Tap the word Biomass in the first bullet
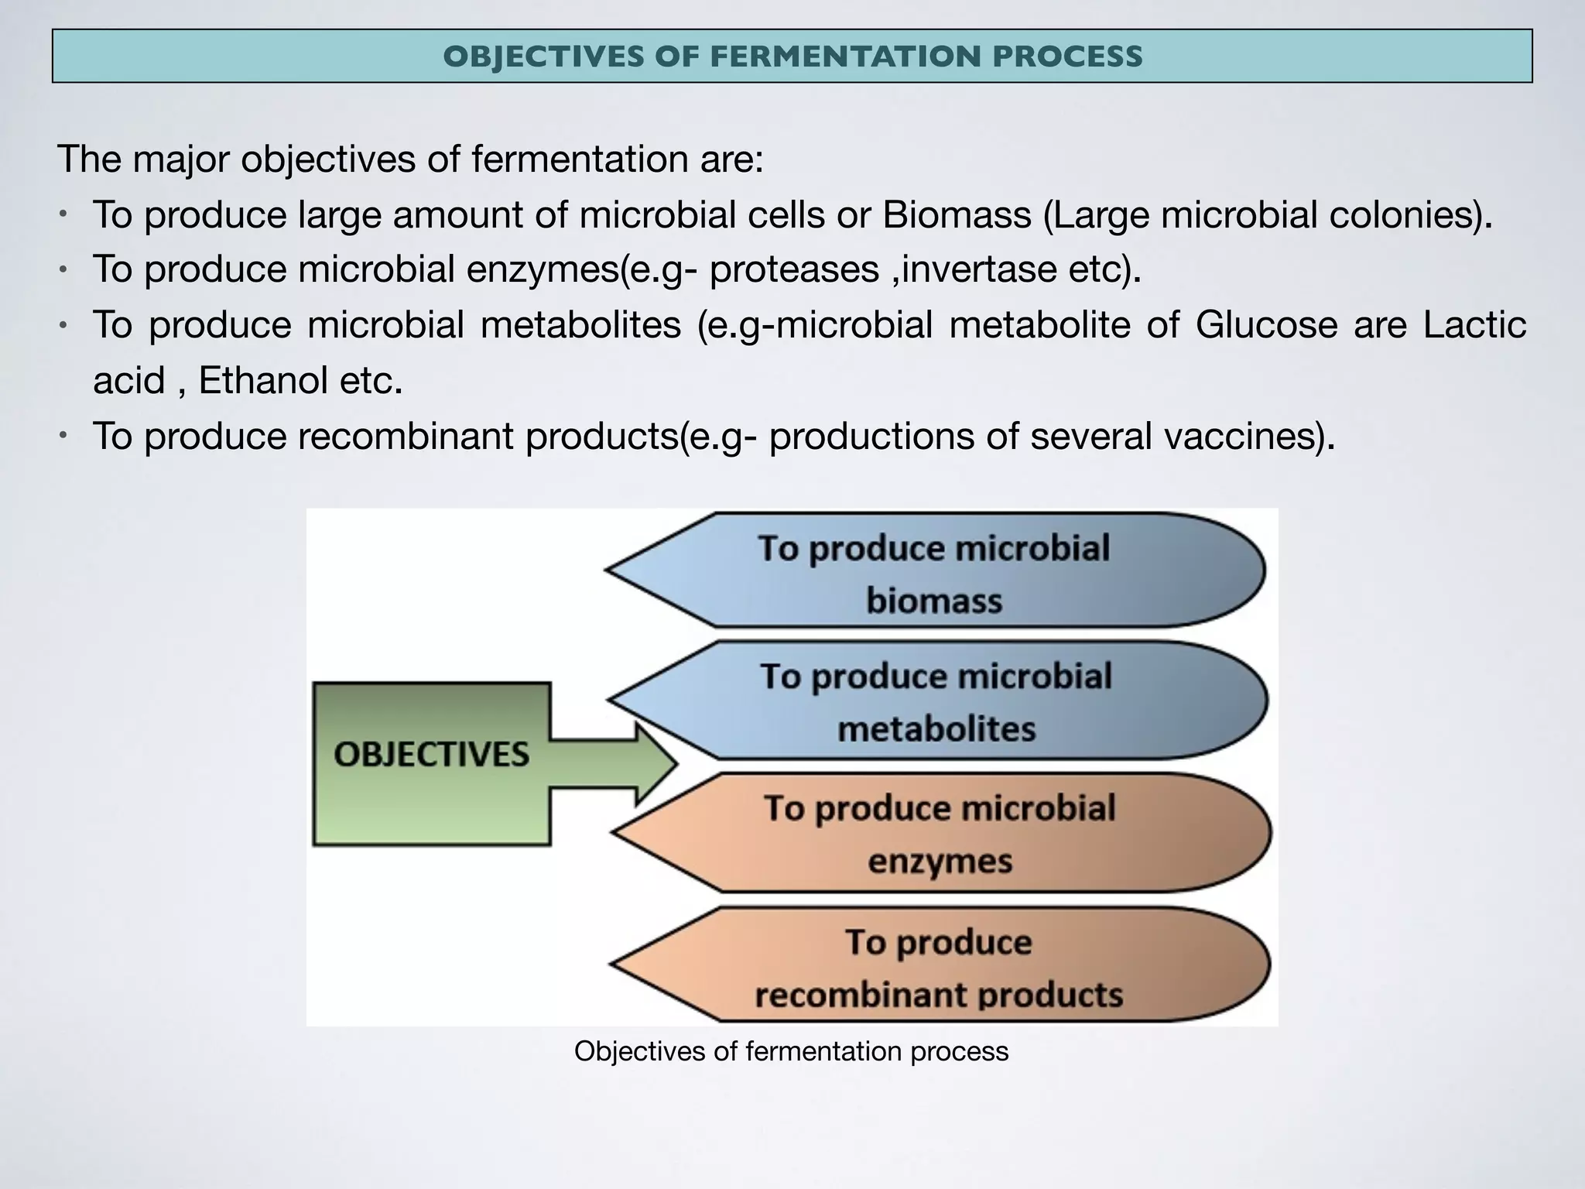pyautogui.click(x=957, y=214)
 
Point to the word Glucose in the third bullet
pyautogui.click(x=1265, y=324)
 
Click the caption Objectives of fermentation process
pyautogui.click(x=791, y=1051)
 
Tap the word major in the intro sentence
pyautogui.click(x=180, y=159)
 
